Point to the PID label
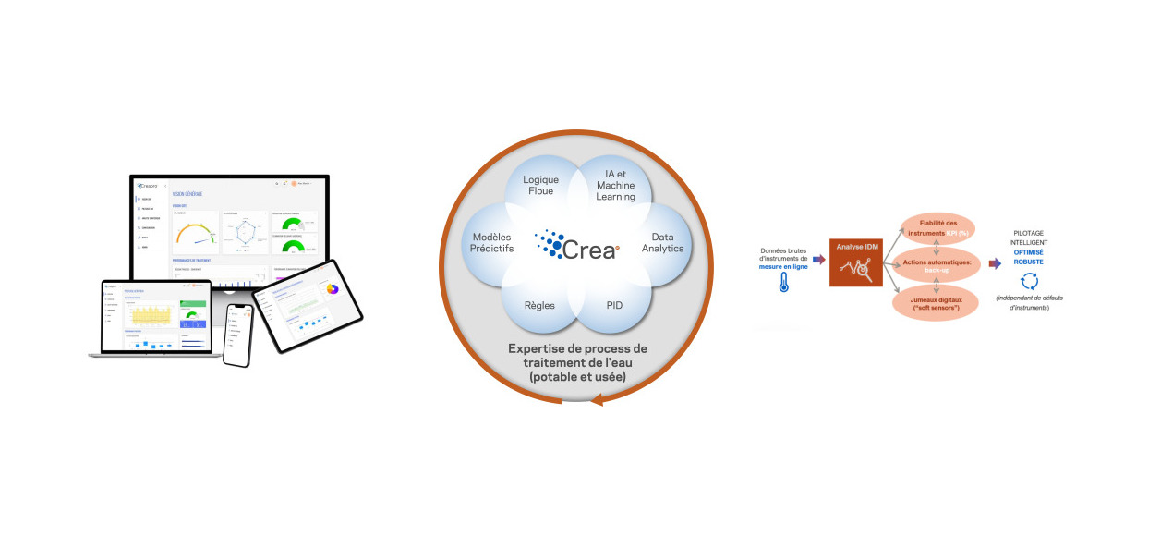[614, 304]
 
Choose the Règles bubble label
[539, 304]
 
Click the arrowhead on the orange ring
[597, 398]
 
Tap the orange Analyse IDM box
[855, 262]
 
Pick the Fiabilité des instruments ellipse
[937, 225]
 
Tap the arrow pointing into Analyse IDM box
[818, 260]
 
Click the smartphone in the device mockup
[237, 334]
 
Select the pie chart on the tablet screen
[332, 288]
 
